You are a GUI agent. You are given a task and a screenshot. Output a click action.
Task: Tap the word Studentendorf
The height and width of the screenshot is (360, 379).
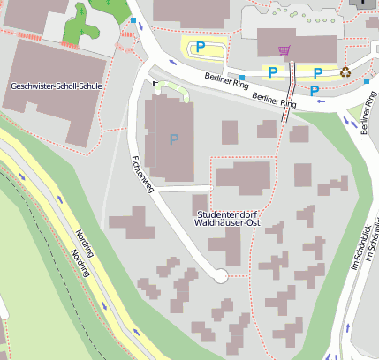tap(228, 214)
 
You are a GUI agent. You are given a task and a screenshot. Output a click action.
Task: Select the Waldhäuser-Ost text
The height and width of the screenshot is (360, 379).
tap(228, 223)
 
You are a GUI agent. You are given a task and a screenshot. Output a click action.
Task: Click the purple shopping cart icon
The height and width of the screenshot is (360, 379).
tap(284, 50)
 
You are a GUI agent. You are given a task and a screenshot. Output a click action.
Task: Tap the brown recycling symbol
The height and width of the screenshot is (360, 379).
tap(345, 72)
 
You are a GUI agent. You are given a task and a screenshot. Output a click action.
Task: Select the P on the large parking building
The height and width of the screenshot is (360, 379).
tap(173, 139)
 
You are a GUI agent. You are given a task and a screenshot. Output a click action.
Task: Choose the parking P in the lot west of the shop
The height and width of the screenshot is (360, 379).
tap(201, 46)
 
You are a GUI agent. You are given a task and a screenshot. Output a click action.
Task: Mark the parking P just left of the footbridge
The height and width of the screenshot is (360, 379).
tap(273, 71)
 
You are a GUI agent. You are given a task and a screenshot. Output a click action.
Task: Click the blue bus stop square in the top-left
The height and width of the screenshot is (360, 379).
tap(133, 19)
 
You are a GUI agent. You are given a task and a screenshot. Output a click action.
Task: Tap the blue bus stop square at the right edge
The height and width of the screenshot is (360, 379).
tap(367, 81)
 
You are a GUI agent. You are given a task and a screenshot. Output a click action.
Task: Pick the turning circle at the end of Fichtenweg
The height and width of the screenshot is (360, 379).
tap(220, 276)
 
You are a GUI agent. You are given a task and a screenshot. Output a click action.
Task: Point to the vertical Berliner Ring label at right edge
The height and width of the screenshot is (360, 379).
tap(368, 115)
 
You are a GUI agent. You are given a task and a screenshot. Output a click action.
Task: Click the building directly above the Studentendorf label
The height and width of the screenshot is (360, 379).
tap(243, 177)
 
